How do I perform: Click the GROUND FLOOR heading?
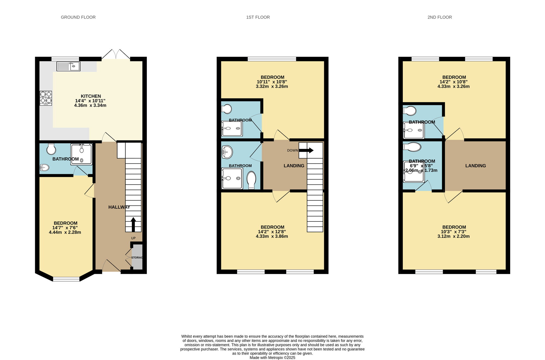point(78,17)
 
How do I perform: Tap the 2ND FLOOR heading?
point(440,17)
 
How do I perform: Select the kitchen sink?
point(68,66)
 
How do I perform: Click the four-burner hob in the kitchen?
point(46,98)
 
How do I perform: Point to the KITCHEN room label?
point(91,96)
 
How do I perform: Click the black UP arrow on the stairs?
point(133,224)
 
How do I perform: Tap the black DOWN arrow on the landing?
point(306,150)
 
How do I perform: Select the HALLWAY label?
point(119,207)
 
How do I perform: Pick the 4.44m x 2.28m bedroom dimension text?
point(65,232)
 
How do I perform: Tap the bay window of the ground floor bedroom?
point(66,279)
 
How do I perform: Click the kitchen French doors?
point(116,55)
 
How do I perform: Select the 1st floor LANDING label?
point(294,166)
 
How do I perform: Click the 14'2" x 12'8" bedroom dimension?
point(272,232)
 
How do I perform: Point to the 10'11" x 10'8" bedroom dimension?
point(272,82)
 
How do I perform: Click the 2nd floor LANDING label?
point(476,166)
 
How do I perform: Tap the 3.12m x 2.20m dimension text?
point(453,236)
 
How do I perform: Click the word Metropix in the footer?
point(277,358)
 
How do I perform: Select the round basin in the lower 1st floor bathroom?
point(227,152)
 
